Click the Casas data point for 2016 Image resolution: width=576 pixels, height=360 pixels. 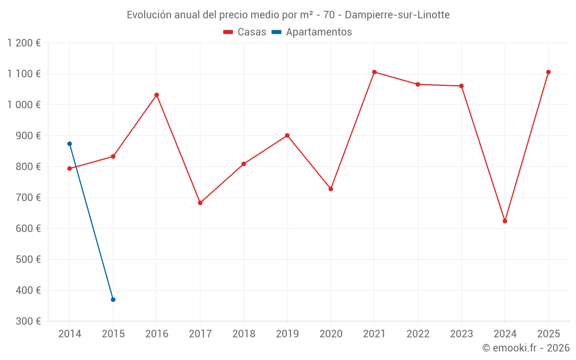click(x=157, y=95)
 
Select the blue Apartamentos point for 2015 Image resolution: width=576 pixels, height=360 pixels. click(x=113, y=300)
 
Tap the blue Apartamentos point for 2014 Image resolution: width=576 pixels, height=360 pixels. click(x=70, y=144)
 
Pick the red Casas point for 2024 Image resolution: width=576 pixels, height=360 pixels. click(x=505, y=221)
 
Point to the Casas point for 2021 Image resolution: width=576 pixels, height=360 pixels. click(x=374, y=72)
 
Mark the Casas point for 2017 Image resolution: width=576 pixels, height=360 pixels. click(x=200, y=203)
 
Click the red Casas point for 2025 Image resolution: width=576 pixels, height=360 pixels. click(x=548, y=72)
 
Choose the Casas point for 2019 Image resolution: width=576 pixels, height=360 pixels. click(x=287, y=135)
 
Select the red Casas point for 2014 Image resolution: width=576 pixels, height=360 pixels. click(x=70, y=169)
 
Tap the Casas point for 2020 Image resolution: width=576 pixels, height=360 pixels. click(x=331, y=189)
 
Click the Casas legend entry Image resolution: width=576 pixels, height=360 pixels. click(x=245, y=32)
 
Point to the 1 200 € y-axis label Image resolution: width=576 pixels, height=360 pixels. click(x=24, y=43)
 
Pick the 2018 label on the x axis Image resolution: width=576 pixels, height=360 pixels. click(x=244, y=334)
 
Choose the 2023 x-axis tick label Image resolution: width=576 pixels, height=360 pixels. click(x=461, y=334)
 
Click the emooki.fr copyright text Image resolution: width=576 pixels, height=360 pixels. click(x=526, y=348)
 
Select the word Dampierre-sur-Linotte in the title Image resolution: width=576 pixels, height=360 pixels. click(x=397, y=15)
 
